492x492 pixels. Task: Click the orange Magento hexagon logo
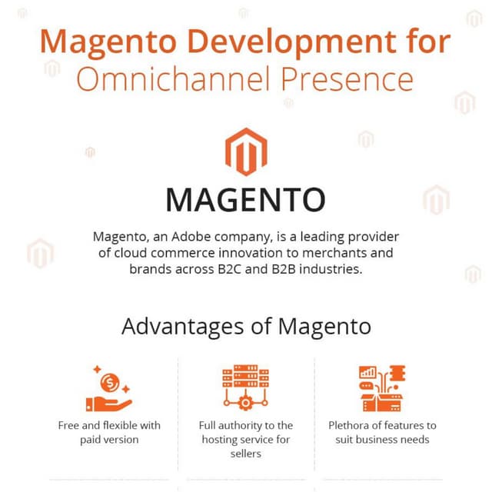coord(246,151)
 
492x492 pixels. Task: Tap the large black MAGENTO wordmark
coord(246,198)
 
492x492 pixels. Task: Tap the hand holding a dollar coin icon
coord(108,390)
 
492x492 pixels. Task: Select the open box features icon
coord(382,388)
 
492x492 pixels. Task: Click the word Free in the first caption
coord(70,425)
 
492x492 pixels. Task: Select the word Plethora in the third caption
coord(351,425)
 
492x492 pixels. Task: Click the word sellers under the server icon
coord(245,454)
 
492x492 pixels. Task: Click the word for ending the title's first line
coord(421,41)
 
